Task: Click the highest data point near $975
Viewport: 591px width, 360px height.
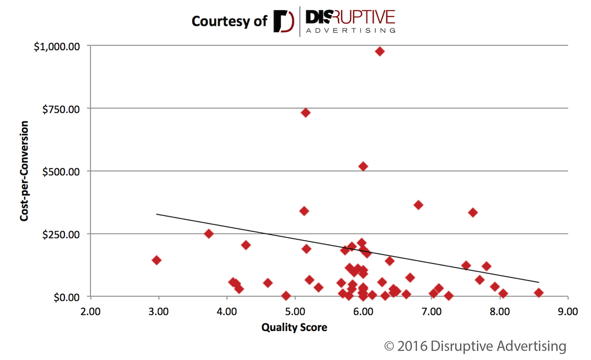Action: (x=380, y=51)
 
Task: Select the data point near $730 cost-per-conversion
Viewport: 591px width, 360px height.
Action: (x=306, y=112)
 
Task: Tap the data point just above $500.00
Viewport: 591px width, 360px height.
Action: (x=363, y=166)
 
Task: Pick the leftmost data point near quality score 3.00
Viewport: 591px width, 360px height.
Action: (x=156, y=260)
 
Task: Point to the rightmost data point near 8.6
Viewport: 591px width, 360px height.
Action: (x=539, y=292)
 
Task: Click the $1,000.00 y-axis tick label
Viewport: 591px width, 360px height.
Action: (x=57, y=46)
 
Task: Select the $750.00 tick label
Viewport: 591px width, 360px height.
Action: (x=61, y=109)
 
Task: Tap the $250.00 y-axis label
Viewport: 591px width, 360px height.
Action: (x=61, y=234)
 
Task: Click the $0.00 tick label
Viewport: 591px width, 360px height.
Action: (x=66, y=297)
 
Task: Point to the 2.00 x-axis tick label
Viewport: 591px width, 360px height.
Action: (x=90, y=311)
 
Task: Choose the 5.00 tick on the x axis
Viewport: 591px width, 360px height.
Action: (x=295, y=311)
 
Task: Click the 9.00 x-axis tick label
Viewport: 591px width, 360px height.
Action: (x=568, y=311)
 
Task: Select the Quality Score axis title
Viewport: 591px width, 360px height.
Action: (x=294, y=327)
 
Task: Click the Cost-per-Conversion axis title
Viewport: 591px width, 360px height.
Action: (x=24, y=171)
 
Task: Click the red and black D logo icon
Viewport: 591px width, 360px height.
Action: (x=283, y=21)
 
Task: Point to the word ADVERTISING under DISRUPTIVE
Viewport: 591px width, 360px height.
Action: (x=350, y=30)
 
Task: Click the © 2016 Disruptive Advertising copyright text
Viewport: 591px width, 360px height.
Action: (x=475, y=345)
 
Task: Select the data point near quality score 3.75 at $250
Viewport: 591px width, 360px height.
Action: (x=208, y=233)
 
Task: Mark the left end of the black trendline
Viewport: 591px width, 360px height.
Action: (x=156, y=214)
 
